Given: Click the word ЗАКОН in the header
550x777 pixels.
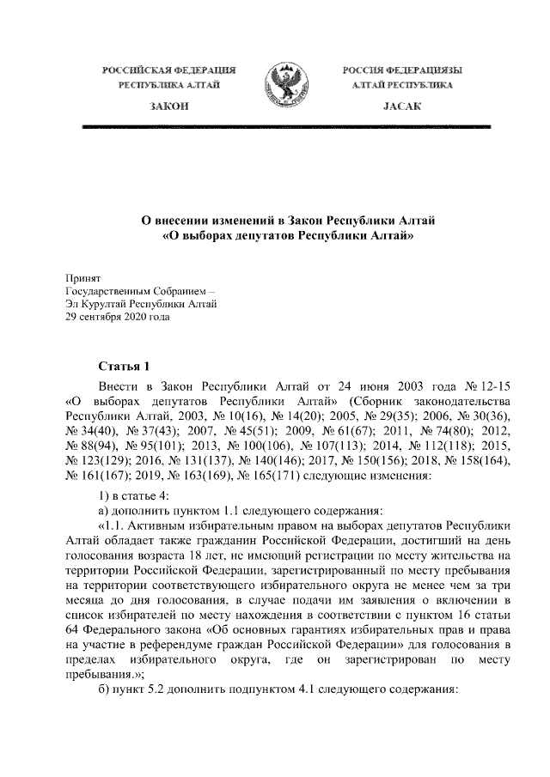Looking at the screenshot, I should click(x=168, y=105).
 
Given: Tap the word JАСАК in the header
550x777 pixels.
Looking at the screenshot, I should click(x=397, y=105).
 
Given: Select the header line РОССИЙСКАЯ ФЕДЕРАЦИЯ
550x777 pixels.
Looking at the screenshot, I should click(x=168, y=69).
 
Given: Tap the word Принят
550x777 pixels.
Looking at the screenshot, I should click(x=83, y=278).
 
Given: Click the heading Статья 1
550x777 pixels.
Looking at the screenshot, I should click(x=125, y=367).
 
